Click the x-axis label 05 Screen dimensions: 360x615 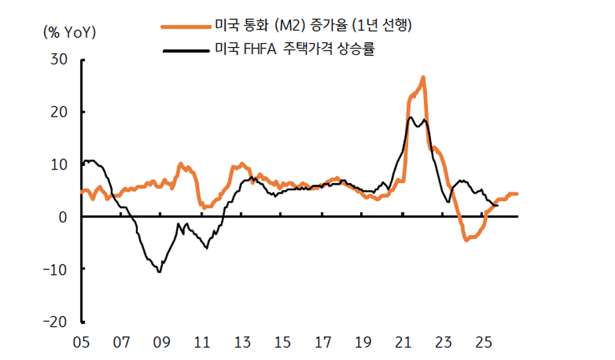click(x=81, y=343)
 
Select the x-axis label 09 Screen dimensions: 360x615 click(x=162, y=343)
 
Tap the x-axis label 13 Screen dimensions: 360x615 click(x=242, y=343)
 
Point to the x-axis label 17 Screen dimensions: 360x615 click(x=323, y=343)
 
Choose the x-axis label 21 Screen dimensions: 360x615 click(x=403, y=343)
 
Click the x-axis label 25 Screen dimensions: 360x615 click(x=484, y=343)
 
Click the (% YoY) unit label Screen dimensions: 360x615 click(x=70, y=33)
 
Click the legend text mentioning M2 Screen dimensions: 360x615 click(x=313, y=26)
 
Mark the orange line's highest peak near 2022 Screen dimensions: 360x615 click(x=423, y=77)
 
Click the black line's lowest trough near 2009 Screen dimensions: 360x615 click(x=159, y=272)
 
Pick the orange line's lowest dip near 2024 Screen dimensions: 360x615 click(x=467, y=240)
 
